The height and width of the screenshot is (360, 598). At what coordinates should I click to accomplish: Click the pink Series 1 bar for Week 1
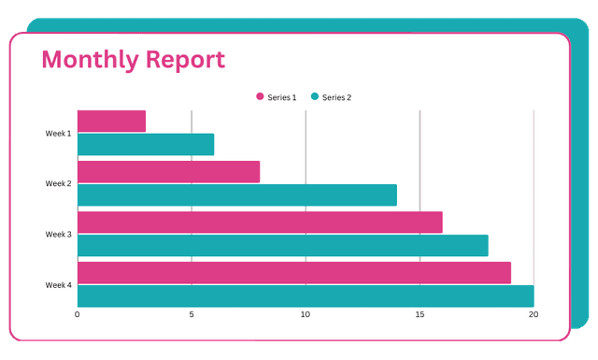pyautogui.click(x=111, y=121)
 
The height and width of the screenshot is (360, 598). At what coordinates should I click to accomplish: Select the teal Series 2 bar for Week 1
pyautogui.click(x=146, y=144)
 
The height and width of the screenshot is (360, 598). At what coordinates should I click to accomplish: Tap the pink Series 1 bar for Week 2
pyautogui.click(x=168, y=171)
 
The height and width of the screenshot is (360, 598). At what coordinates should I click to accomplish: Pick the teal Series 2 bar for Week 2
pyautogui.click(x=237, y=194)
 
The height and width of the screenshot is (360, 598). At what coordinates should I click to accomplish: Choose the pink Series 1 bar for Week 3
pyautogui.click(x=260, y=222)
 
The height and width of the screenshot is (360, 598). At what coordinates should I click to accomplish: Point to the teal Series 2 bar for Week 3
pyautogui.click(x=282, y=245)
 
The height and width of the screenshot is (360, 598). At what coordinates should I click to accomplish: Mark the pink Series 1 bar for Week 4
pyautogui.click(x=293, y=272)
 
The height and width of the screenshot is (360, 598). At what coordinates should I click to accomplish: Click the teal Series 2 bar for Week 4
pyautogui.click(x=306, y=295)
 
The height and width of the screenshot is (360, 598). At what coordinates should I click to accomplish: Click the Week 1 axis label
pyautogui.click(x=58, y=133)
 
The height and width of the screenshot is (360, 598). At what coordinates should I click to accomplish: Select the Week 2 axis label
pyautogui.click(x=58, y=183)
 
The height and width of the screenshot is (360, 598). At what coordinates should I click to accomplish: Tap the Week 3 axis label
pyautogui.click(x=58, y=234)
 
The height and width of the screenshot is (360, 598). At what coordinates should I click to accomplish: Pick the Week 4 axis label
pyautogui.click(x=58, y=284)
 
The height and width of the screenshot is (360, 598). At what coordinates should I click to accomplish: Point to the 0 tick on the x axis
pyautogui.click(x=78, y=314)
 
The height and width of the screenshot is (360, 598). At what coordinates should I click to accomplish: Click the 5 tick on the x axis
pyautogui.click(x=192, y=314)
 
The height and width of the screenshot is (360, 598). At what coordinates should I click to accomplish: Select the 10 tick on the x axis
pyautogui.click(x=306, y=314)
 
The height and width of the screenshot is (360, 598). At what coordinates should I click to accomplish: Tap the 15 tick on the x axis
pyautogui.click(x=420, y=314)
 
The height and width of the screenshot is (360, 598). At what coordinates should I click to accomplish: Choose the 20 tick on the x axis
pyautogui.click(x=534, y=314)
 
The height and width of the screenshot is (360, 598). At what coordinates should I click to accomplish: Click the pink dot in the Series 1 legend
pyautogui.click(x=260, y=96)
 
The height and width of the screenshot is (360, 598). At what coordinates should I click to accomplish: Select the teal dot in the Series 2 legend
pyautogui.click(x=315, y=96)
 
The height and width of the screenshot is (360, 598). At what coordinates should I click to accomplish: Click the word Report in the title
pyautogui.click(x=183, y=60)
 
